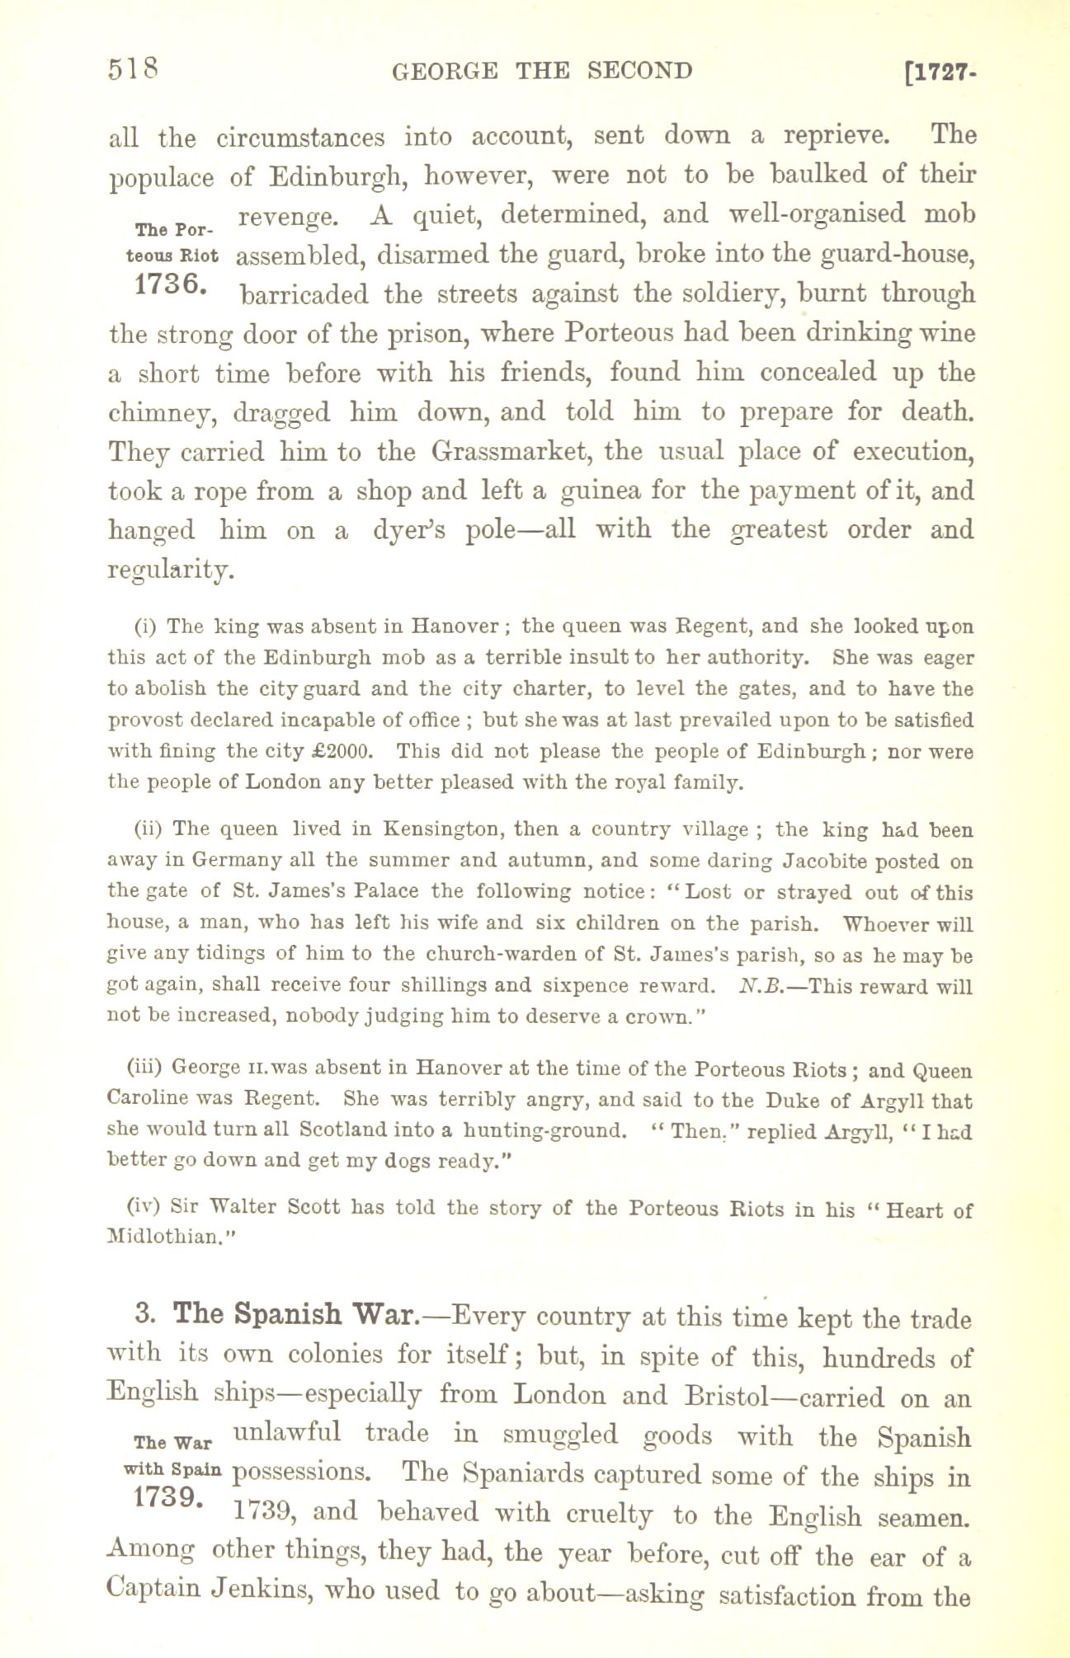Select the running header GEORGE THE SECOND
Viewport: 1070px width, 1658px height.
(542, 71)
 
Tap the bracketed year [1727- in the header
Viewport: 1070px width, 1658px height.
(941, 73)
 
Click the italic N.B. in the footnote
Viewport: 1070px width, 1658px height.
(757, 986)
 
